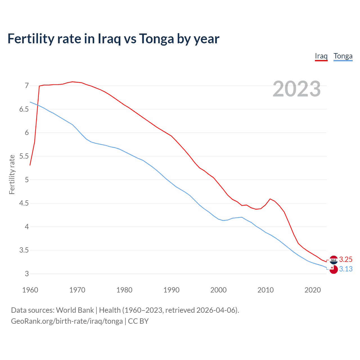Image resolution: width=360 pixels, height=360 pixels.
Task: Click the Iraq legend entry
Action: pos(321,56)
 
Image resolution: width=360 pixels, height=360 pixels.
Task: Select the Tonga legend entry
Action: pos(343,56)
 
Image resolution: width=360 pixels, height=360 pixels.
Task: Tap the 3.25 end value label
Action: pos(346,259)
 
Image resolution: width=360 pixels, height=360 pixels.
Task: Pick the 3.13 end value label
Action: pos(346,269)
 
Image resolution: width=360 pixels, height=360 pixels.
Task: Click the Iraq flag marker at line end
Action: pos(334,260)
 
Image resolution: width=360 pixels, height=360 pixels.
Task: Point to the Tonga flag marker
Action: pos(334,269)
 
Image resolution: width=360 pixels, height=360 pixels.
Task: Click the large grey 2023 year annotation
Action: pos(297,89)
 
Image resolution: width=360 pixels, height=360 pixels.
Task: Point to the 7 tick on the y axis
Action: pos(27,85)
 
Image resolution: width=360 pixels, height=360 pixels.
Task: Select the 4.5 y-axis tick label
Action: pos(24,203)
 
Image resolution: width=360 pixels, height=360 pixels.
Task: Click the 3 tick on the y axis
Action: pos(27,274)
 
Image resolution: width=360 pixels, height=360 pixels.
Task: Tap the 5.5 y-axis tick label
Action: pos(24,156)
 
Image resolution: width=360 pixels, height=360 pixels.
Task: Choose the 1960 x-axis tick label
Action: pos(30,290)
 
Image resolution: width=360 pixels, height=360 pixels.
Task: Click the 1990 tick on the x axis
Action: pos(171,290)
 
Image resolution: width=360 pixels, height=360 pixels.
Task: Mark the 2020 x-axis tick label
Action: pos(312,290)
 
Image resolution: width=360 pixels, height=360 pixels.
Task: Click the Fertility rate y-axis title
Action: pos(12,174)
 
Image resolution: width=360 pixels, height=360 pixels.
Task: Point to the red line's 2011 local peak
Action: pos(270,199)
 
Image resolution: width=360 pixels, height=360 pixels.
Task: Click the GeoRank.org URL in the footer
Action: pos(67,321)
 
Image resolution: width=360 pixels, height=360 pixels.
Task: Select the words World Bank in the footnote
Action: pos(75,310)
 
